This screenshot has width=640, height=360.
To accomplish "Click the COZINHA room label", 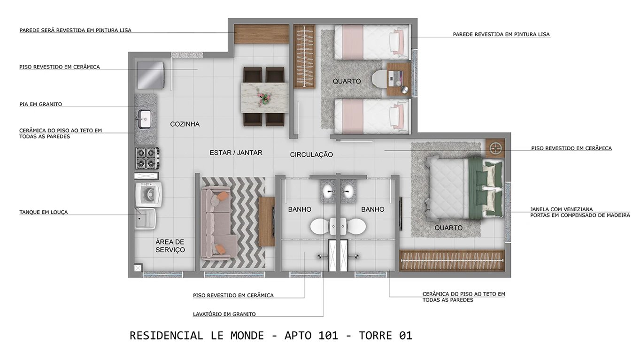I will point(185,124).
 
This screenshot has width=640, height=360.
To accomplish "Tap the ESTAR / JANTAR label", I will point(236,153).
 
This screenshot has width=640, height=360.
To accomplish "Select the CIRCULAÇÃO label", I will point(311,155).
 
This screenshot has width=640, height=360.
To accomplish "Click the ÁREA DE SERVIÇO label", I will point(170,246).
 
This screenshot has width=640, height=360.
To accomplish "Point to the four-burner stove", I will point(147,158).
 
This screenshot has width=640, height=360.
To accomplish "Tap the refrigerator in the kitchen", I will point(150,75).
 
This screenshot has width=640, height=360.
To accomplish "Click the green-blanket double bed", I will point(465,188).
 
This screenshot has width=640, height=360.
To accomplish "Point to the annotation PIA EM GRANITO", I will point(40,104).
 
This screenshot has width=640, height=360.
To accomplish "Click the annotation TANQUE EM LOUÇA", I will point(43,212).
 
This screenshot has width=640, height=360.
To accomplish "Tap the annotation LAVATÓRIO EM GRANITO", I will point(224,314).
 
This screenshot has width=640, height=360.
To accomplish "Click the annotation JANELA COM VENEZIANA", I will point(561,209).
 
